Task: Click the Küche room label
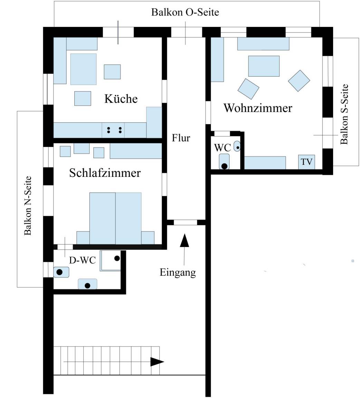[121, 99]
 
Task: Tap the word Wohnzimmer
[258, 108]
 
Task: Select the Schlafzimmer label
[105, 173]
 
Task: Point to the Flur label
[181, 138]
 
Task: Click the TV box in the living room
[306, 162]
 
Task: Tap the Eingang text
[178, 272]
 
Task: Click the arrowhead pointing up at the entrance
[184, 240]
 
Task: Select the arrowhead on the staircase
[157, 362]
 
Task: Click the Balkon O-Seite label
[185, 12]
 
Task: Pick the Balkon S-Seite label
[344, 114]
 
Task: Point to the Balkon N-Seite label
[28, 206]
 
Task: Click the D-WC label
[82, 260]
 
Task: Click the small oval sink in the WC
[237, 146]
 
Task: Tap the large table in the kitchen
[83, 69]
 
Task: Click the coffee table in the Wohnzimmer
[264, 66]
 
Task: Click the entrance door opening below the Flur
[185, 222]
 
